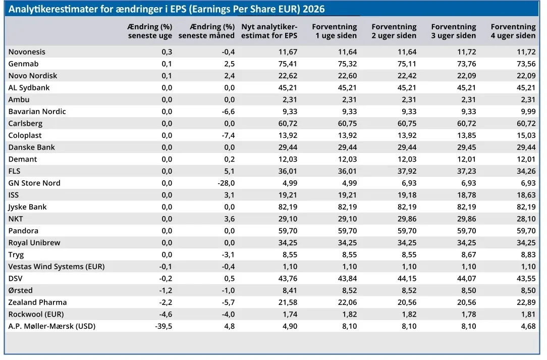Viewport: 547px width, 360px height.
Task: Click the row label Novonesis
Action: click(x=27, y=52)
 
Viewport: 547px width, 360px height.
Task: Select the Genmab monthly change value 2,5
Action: click(x=229, y=64)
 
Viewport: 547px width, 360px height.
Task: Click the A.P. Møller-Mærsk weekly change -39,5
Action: click(x=163, y=326)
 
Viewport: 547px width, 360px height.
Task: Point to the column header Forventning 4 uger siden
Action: click(x=513, y=31)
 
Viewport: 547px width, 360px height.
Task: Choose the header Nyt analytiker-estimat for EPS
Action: click(x=269, y=31)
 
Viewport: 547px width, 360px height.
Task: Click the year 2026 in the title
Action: click(x=314, y=9)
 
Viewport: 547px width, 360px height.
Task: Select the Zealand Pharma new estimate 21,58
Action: click(x=288, y=302)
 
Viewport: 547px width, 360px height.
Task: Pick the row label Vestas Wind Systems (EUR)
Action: click(x=57, y=267)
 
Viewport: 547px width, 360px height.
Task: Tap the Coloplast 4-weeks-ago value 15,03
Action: click(x=526, y=135)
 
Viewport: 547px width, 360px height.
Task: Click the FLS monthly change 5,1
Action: click(x=230, y=171)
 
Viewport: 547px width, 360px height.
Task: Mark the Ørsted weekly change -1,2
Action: click(x=166, y=290)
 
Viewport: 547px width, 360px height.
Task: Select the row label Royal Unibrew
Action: click(x=34, y=243)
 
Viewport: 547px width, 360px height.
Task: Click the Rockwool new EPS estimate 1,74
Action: click(x=290, y=314)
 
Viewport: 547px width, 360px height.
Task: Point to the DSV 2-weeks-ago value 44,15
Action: click(x=407, y=279)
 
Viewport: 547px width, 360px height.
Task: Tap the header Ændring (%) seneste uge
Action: click(x=150, y=31)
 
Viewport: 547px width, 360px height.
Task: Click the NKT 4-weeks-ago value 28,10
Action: click(x=526, y=219)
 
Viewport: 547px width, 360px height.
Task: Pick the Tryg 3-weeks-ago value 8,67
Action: click(x=469, y=255)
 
